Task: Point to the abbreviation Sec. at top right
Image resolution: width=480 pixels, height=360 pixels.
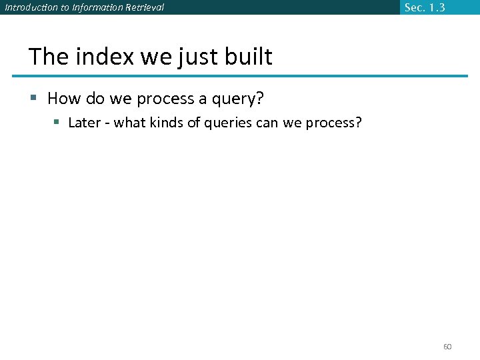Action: pos(415,7)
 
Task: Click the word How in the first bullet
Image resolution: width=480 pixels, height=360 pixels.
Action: pos(63,99)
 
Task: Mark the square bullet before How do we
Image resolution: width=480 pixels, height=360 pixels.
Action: pos(34,99)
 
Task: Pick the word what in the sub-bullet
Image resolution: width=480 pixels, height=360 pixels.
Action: pos(130,123)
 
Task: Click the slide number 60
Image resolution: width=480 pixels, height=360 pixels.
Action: pos(447,347)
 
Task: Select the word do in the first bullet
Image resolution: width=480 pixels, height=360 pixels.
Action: pos(93,99)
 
